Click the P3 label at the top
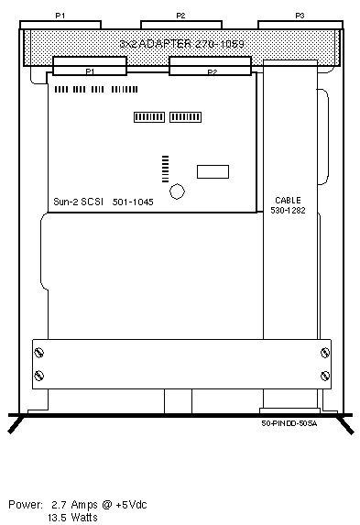coord(300,16)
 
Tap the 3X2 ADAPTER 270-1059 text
coord(182,44)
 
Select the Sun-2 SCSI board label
coord(79,202)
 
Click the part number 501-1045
coord(133,202)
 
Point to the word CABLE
coord(288,201)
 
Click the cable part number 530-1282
coord(288,210)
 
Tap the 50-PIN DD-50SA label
coord(289,423)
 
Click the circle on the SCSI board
coord(177,191)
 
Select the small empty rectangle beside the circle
coord(213,171)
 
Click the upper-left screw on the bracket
coord(39,352)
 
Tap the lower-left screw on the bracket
coord(39,376)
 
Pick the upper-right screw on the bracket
coord(325,353)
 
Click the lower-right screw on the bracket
coord(325,376)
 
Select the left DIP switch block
coord(149,117)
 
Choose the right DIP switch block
coord(185,117)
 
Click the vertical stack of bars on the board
coord(166,170)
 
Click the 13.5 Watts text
coord(72,518)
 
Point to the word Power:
coord(26,505)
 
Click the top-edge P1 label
coord(60,16)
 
